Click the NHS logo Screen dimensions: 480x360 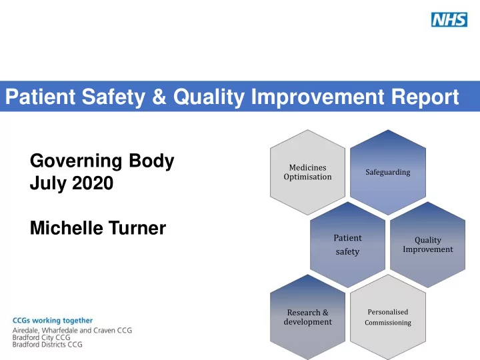click(449, 19)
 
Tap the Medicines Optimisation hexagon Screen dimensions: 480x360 click(307, 173)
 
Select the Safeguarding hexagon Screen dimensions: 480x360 click(388, 173)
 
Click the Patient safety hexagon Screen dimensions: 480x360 click(348, 245)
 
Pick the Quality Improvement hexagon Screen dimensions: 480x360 click(427, 245)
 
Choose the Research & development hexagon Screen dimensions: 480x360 click(307, 317)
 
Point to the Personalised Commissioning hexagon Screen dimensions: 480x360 click(388, 317)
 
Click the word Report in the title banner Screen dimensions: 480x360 click(425, 97)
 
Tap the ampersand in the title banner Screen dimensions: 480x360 click(159, 97)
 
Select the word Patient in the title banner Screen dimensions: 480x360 click(40, 97)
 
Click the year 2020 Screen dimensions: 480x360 click(93, 183)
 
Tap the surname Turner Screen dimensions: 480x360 click(137, 228)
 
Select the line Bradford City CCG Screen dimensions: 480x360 click(41, 337)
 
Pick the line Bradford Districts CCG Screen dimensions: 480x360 click(47, 345)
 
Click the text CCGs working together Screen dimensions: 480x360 click(53, 321)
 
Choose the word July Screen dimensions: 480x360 click(48, 184)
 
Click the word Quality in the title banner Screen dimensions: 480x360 click(209, 97)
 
